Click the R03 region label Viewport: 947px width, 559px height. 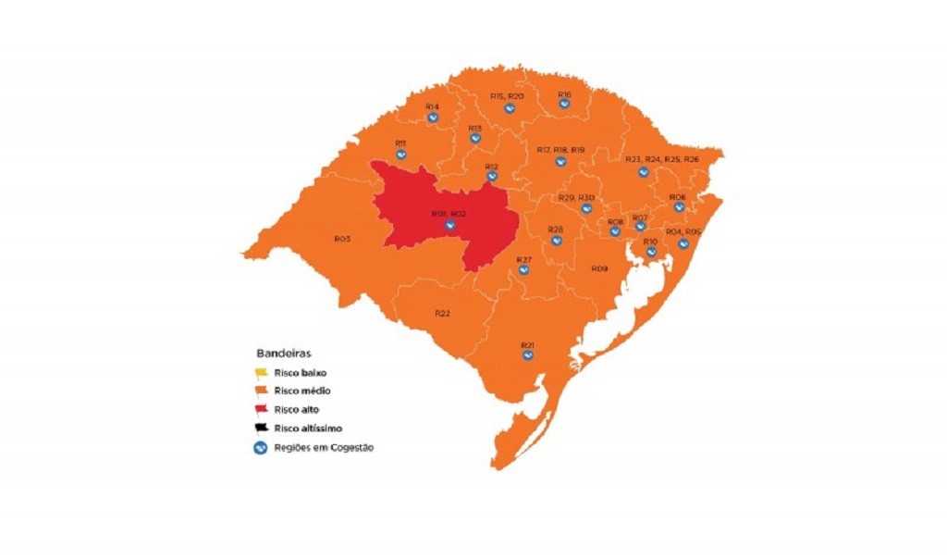click(x=342, y=239)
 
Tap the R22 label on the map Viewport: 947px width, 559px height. click(x=442, y=313)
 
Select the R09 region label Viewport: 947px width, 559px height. click(x=599, y=268)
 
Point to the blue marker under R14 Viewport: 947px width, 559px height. click(x=432, y=118)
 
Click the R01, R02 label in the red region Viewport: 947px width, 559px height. click(x=449, y=214)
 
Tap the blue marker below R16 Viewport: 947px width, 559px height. click(x=564, y=106)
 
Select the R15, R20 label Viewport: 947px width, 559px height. click(x=508, y=96)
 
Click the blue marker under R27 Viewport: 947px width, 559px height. click(x=523, y=270)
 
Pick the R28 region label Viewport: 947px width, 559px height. click(x=556, y=229)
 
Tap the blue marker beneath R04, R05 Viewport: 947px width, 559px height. click(x=683, y=243)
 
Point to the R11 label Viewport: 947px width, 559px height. click(x=400, y=143)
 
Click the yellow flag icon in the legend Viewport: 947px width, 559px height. click(x=262, y=372)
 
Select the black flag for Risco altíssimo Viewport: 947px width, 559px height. click(x=262, y=428)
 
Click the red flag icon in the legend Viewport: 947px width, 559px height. click(x=262, y=409)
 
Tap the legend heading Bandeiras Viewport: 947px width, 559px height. click(x=283, y=354)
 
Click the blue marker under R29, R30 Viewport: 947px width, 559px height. click(x=585, y=209)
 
